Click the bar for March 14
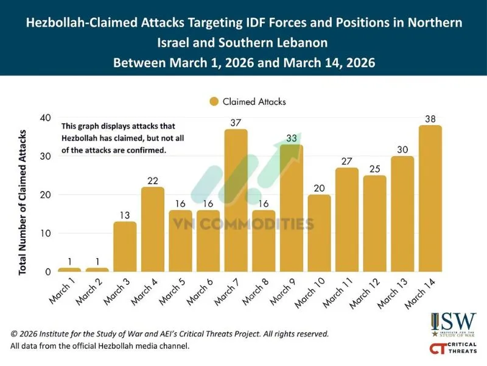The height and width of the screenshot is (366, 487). (430, 198)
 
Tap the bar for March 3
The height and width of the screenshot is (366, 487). (125, 246)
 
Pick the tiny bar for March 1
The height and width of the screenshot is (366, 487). (69, 270)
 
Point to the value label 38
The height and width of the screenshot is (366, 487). (430, 118)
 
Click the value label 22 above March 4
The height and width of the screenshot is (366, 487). (152, 180)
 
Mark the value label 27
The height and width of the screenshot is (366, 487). (346, 161)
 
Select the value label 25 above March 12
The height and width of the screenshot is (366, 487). (374, 168)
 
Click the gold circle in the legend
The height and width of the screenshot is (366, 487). (214, 102)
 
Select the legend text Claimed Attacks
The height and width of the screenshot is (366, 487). (254, 102)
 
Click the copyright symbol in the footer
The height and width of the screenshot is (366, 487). (14, 334)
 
